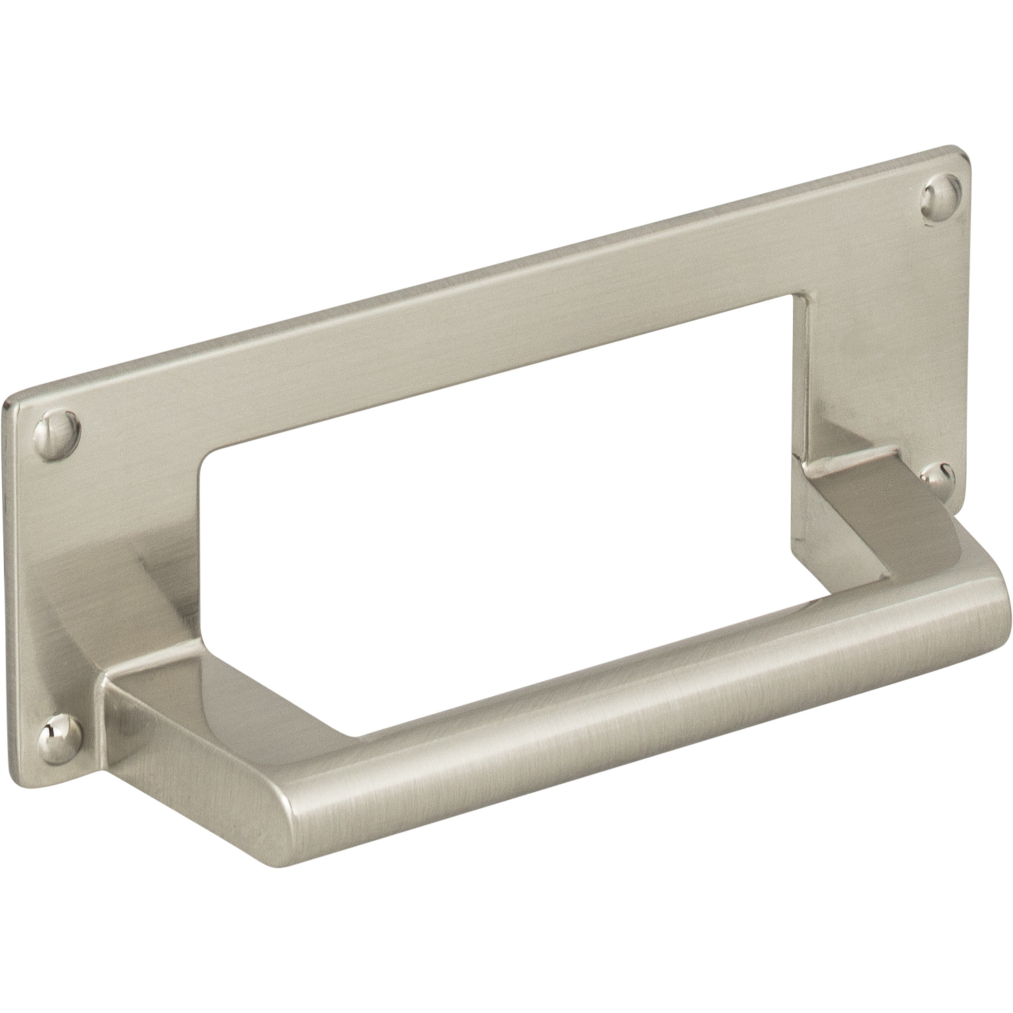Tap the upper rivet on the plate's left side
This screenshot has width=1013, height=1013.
click(57, 435)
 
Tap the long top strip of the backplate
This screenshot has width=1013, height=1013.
click(472, 325)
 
